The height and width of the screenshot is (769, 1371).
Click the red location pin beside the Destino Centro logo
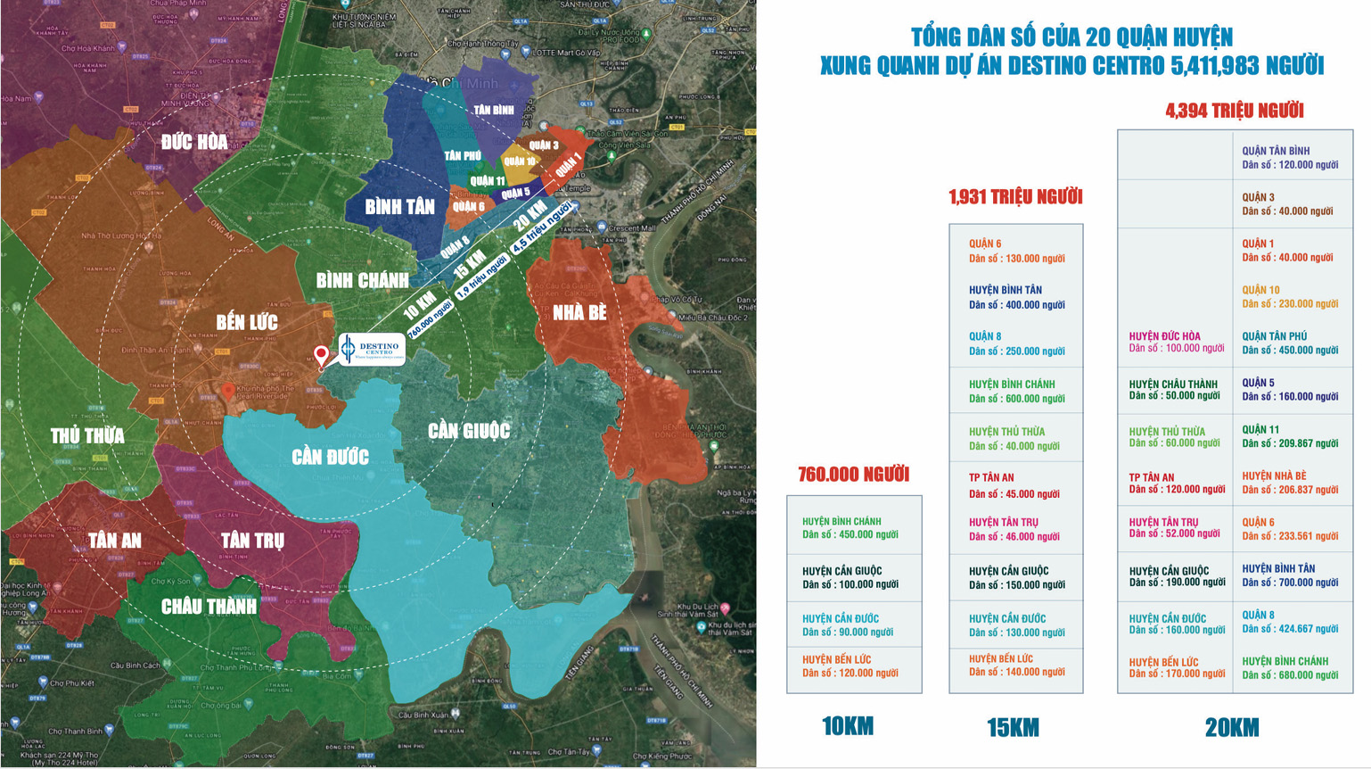pos(322,355)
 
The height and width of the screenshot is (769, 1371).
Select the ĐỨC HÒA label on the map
pos(194,142)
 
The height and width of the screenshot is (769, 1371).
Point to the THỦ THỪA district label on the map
pos(87,435)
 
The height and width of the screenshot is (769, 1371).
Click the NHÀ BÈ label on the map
pos(579,312)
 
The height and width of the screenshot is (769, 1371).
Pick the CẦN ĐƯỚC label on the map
pos(330,457)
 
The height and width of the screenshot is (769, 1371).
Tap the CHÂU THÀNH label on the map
pos(209,607)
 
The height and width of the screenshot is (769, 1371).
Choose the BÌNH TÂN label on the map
pos(399,207)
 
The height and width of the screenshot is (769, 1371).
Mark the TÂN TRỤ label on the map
pos(252,540)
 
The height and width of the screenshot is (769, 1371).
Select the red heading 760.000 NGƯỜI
pos(853,475)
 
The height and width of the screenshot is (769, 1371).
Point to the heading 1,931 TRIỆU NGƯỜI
pos(1015,197)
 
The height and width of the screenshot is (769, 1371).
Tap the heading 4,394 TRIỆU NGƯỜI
pos(1234,111)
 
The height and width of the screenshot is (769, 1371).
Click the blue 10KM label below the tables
pos(847,727)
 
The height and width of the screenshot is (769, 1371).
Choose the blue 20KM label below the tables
pos(1232,728)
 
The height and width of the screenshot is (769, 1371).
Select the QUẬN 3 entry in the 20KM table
pos(1258,197)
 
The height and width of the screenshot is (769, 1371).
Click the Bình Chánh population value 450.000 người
pos(850,535)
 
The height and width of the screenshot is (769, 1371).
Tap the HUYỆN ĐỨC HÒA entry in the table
pos(1164,336)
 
